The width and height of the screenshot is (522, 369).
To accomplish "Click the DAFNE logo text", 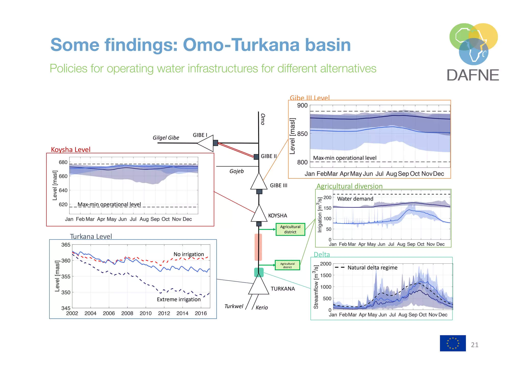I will point(473,75).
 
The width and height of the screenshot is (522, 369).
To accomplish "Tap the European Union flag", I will point(452,343).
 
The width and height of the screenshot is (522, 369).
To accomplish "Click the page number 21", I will point(475,345).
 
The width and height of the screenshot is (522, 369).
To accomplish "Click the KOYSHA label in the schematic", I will point(278,216).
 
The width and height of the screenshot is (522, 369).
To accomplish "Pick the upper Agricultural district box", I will point(290,229).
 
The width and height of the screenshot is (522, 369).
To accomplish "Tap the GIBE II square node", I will point(256,157).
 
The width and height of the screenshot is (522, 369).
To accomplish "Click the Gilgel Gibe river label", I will point(166,138).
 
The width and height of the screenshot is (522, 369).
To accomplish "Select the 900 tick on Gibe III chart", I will point(302,106).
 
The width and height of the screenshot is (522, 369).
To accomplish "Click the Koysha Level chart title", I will point(71,149).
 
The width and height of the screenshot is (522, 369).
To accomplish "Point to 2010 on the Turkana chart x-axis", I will point(146,313).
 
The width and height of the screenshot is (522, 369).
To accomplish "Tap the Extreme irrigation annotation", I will point(179,299).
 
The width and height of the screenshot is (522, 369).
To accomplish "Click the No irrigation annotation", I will point(189,254).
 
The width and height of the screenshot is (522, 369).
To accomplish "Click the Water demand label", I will point(355,199).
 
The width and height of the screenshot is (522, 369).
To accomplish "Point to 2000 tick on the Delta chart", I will point(325,264).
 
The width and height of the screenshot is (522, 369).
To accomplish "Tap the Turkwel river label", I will point(234,306).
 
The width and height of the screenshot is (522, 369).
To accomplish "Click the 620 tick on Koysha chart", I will point(63,205).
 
